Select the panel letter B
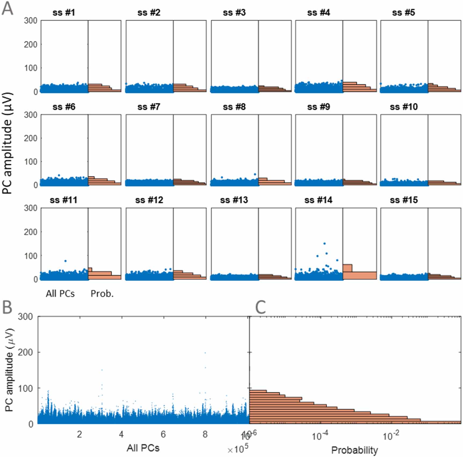7,307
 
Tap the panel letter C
260,307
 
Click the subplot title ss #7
149,107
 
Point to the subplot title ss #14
318,200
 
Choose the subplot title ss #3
234,13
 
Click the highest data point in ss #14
325,244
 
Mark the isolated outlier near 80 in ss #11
65,261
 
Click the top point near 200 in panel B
205,353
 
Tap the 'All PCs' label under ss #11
60,294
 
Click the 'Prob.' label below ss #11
102,294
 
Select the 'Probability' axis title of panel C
354,450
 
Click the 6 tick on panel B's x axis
163,434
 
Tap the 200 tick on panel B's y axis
25,352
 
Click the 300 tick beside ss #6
31,115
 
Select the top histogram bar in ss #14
347,268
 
